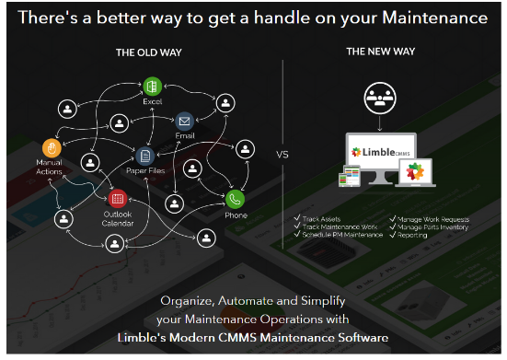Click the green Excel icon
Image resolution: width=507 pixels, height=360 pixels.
click(x=152, y=86)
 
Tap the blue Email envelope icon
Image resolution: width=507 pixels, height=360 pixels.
click(x=185, y=121)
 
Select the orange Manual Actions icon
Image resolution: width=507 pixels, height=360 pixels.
click(x=52, y=146)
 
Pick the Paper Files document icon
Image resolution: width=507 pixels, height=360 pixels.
click(x=144, y=156)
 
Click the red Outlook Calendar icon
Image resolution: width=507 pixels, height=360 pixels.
click(x=117, y=199)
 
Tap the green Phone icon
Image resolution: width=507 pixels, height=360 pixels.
click(x=236, y=198)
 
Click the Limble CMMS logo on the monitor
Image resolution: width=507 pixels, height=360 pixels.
click(x=380, y=145)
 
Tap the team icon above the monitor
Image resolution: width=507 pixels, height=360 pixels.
click(x=380, y=96)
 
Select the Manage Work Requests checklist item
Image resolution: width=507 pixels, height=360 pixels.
click(x=433, y=219)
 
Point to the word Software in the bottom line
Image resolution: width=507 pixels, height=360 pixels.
click(x=358, y=338)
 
